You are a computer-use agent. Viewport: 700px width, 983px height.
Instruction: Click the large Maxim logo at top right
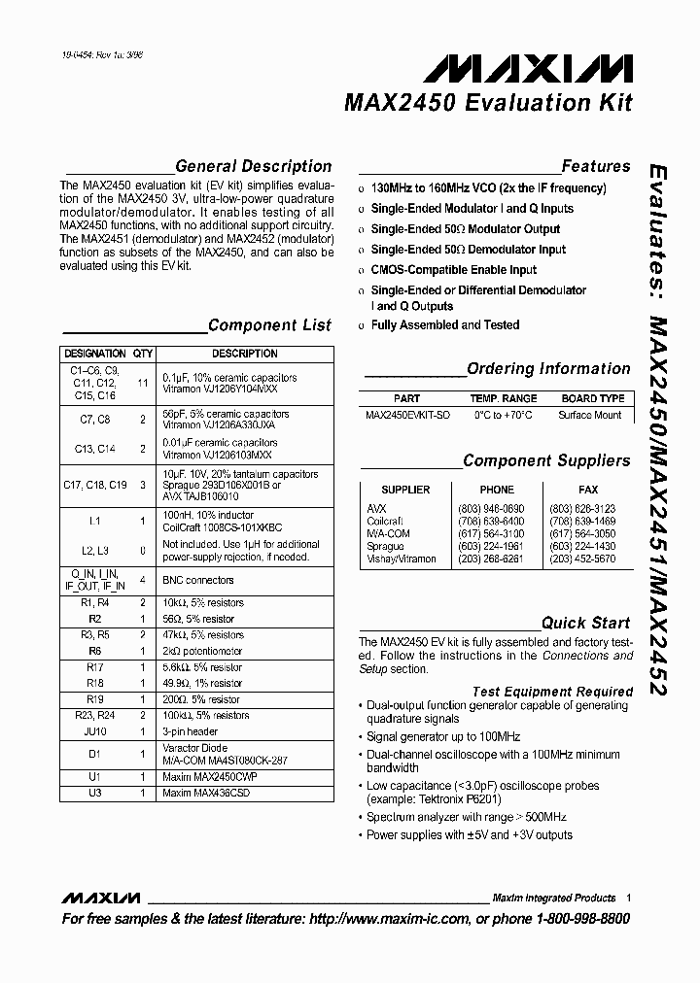[528, 68]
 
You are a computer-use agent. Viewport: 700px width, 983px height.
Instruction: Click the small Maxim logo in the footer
[101, 898]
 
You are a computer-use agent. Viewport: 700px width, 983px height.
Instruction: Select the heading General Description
[253, 166]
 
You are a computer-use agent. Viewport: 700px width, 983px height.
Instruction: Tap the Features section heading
[595, 166]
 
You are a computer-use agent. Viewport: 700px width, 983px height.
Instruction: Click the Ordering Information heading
[548, 368]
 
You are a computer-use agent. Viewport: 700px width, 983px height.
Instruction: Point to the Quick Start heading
[585, 623]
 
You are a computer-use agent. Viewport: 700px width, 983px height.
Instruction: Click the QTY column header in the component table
[143, 354]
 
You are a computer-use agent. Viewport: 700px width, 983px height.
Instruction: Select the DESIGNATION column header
[94, 354]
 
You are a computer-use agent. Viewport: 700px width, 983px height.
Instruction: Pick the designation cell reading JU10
[94, 730]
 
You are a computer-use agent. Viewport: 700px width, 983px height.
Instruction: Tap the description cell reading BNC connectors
[198, 580]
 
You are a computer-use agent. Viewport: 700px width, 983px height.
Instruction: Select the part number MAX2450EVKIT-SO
[407, 415]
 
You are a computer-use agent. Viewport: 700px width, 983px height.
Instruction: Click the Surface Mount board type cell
[590, 415]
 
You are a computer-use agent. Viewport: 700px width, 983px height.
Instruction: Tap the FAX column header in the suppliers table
[588, 490]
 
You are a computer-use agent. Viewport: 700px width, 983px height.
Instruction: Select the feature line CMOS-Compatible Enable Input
[453, 269]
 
